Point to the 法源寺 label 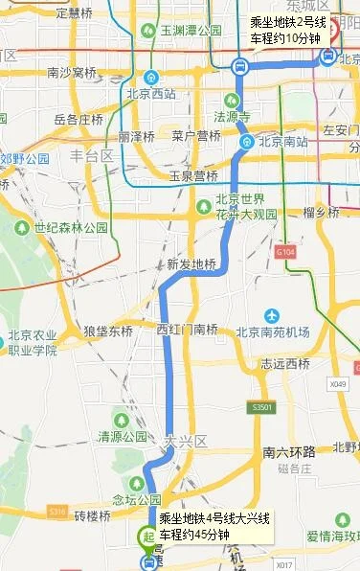231,116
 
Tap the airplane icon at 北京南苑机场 273,315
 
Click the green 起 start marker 148,537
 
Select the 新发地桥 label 191,264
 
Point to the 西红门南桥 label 187,329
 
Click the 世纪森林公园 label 70,229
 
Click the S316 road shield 56,513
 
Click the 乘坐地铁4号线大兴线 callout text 214,518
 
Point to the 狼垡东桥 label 108,331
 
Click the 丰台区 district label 91,155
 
